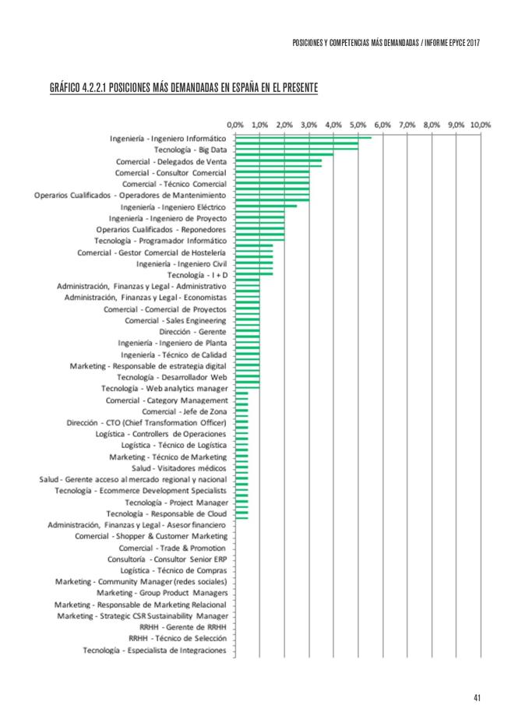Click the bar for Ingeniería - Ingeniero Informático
303,138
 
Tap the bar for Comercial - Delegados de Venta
278,161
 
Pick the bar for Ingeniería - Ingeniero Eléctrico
266,206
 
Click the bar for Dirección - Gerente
248,331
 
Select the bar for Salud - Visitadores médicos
241,468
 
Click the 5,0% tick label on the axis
358,124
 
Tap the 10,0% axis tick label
481,124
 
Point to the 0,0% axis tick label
235,124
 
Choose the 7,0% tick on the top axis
407,124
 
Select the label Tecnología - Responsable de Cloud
167,513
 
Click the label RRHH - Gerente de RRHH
183,626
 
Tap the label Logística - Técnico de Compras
168,570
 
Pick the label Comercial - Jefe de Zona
185,411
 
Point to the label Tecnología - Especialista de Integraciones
155,650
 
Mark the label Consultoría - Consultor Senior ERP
167,559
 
